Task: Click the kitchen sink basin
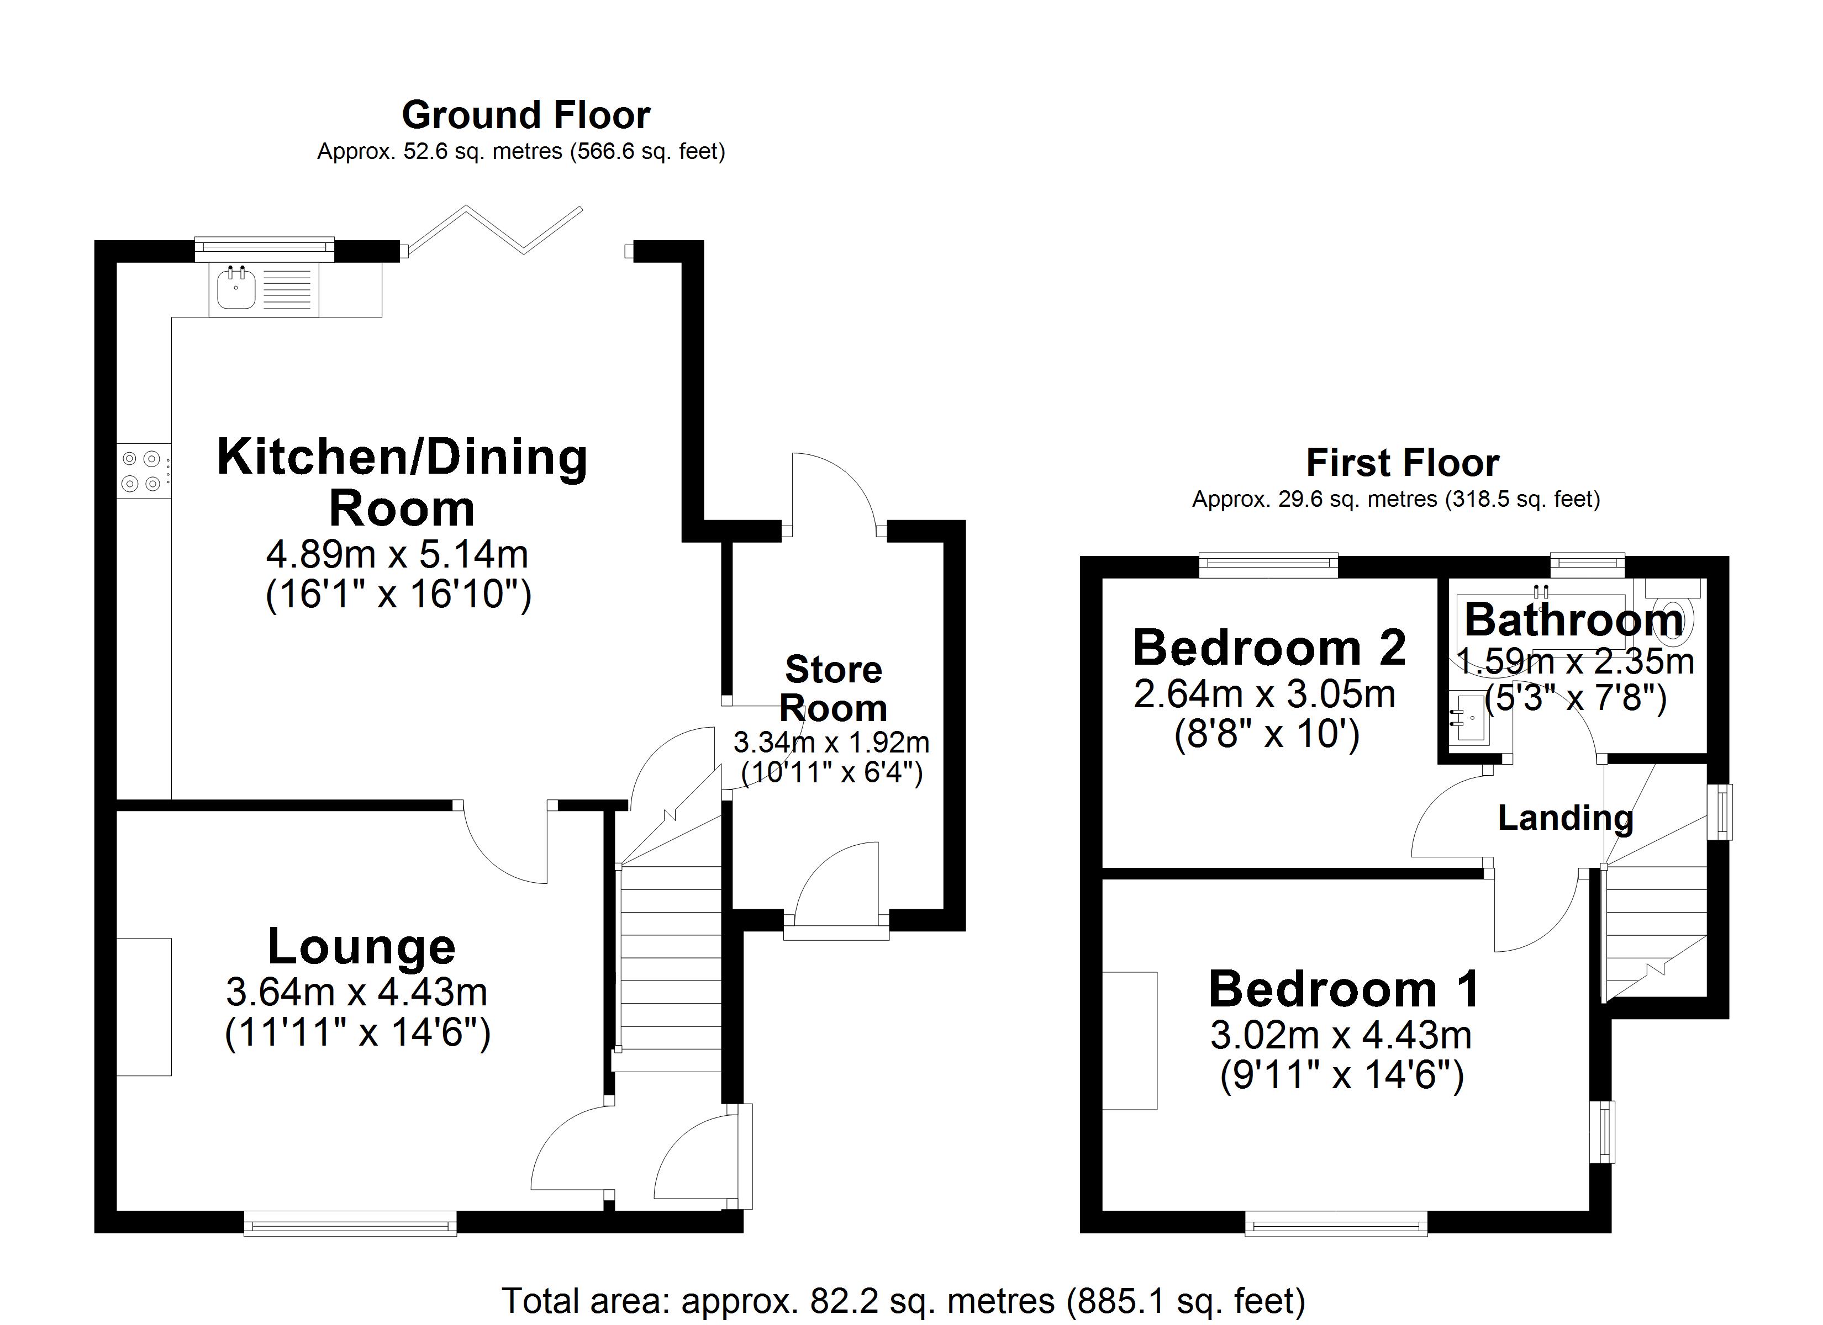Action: pyautogui.click(x=235, y=290)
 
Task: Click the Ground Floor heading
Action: pyautogui.click(x=526, y=115)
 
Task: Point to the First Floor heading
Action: pyautogui.click(x=1402, y=463)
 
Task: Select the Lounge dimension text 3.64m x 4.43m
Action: pyautogui.click(x=357, y=992)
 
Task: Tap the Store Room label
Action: pyautogui.click(x=834, y=688)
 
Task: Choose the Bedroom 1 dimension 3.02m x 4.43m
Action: pyautogui.click(x=1341, y=1035)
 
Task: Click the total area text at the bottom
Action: pyautogui.click(x=903, y=1300)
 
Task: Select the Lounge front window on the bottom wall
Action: pyautogui.click(x=350, y=1225)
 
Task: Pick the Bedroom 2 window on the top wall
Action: pyautogui.click(x=1268, y=565)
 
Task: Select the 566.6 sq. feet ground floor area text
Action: pyautogui.click(x=647, y=151)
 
